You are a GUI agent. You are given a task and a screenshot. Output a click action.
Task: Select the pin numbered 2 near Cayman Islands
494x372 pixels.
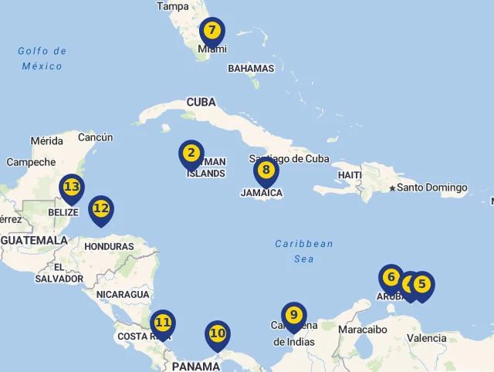(191, 154)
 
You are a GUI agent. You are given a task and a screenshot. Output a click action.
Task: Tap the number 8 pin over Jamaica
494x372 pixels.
(266, 171)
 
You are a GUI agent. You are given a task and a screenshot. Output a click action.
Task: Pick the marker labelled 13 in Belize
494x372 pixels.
(72, 188)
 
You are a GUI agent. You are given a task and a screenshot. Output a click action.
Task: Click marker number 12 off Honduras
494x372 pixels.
(101, 208)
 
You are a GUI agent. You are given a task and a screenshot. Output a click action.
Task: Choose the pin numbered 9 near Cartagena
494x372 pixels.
(293, 316)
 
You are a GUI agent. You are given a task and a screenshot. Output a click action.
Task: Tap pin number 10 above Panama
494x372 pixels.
(218, 334)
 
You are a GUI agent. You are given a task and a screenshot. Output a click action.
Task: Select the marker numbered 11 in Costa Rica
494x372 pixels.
(162, 323)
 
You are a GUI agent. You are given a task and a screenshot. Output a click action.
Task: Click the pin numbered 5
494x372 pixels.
(422, 284)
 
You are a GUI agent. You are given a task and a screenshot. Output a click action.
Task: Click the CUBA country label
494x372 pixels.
(201, 102)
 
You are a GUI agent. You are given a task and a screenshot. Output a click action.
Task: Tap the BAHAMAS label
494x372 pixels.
(251, 68)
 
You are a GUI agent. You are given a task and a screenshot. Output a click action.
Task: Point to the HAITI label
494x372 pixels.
(350, 175)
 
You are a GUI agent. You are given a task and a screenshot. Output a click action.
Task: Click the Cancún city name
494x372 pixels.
(96, 137)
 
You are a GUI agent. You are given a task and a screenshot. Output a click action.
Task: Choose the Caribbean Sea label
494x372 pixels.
(304, 251)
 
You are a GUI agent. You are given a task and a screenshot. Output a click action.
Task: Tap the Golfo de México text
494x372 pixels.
(42, 59)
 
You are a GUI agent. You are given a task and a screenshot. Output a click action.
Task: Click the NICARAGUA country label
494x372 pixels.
(123, 294)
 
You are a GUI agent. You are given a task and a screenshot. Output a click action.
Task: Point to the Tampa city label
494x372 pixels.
(172, 6)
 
